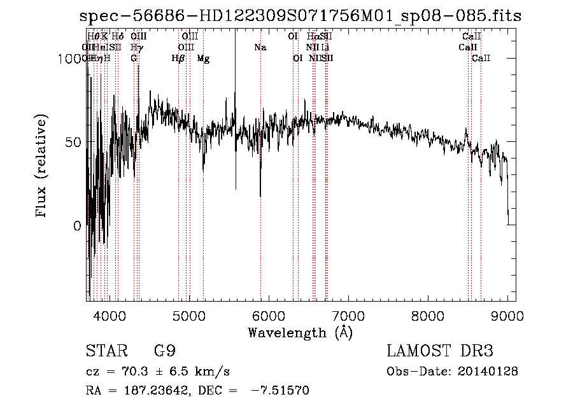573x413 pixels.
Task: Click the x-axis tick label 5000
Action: (189, 316)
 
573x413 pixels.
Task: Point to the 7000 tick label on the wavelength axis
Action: (348, 316)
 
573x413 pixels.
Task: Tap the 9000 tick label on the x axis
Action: (507, 316)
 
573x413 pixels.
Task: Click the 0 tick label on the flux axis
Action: (78, 226)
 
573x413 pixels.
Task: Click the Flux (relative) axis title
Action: (43, 167)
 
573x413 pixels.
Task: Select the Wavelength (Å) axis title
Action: (300, 332)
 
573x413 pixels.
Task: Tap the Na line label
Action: (260, 48)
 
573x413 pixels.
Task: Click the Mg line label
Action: (203, 59)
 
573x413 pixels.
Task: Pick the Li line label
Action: (325, 48)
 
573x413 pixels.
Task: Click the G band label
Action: (134, 59)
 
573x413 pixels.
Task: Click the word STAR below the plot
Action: (103, 351)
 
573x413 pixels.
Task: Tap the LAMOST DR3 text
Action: (440, 351)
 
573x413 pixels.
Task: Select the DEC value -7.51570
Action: (281, 391)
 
